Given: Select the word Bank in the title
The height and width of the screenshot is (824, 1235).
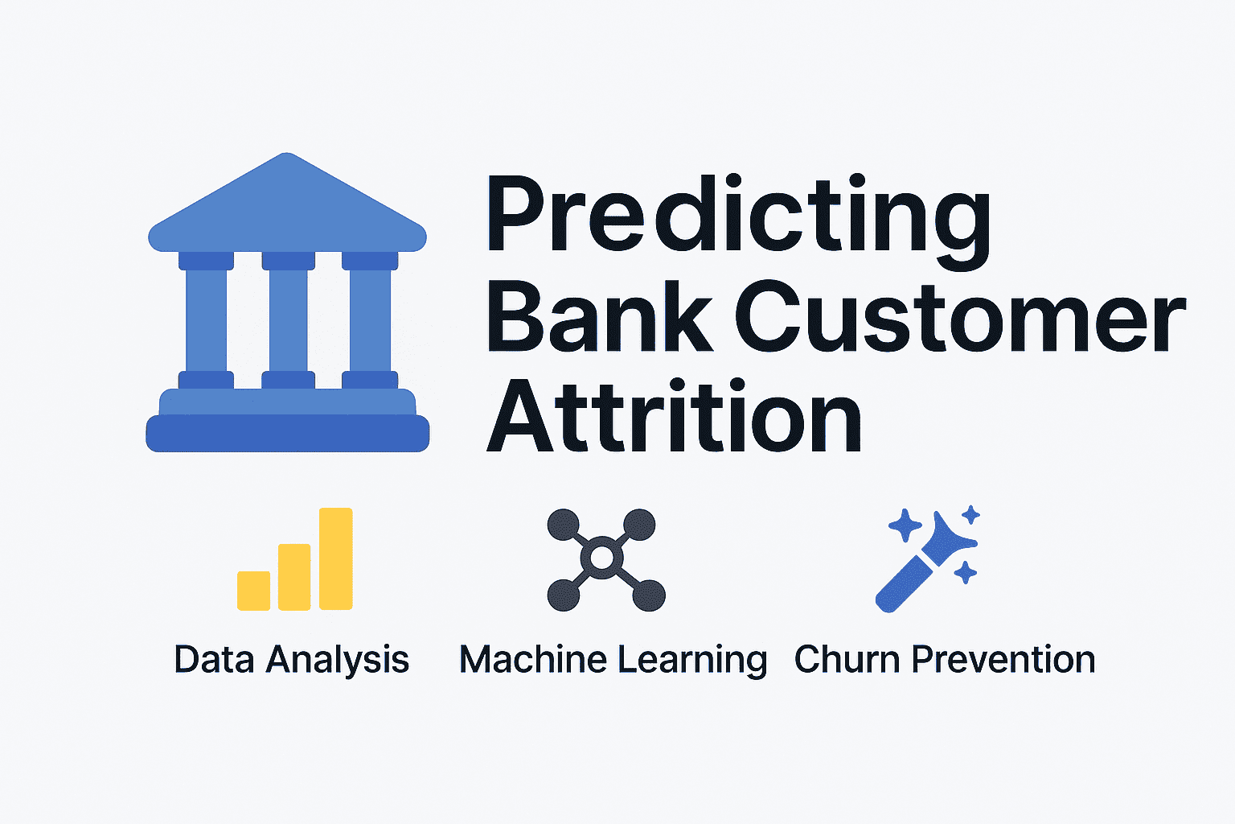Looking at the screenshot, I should click(600, 317).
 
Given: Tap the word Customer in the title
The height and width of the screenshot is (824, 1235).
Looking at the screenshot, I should click(961, 317).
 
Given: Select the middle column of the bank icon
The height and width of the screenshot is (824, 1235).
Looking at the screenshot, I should click(288, 320).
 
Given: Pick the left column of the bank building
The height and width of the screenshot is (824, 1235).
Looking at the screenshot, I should click(207, 320).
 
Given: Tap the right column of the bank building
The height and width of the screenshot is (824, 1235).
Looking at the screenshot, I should click(370, 320).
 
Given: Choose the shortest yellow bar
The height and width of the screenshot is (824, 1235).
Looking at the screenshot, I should click(253, 591).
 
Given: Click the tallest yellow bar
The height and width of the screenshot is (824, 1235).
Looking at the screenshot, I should click(336, 558).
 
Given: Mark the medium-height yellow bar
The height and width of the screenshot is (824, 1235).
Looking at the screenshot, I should click(294, 577).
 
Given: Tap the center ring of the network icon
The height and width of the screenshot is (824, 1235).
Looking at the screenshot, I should click(602, 558).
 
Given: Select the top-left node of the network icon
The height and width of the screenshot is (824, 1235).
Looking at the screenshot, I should click(563, 525).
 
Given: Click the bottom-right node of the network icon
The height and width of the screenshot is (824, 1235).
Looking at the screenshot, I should click(649, 595).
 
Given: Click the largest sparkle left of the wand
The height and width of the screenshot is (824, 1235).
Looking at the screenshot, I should click(905, 525).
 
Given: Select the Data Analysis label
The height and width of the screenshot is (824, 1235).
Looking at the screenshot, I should click(292, 660).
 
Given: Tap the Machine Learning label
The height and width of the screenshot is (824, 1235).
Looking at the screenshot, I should click(613, 660).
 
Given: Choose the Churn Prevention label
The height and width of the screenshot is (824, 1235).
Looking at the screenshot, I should click(945, 660).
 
